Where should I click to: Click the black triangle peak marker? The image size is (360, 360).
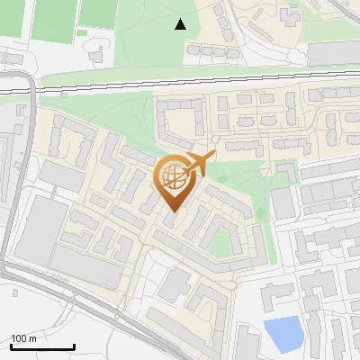[181, 24]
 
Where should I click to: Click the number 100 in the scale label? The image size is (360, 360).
[18, 338]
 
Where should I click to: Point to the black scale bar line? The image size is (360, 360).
[42, 346]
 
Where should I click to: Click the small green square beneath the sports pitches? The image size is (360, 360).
[82, 32]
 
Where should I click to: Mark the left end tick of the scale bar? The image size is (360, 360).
[11, 346]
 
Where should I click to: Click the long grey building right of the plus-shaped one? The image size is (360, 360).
[332, 53]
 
